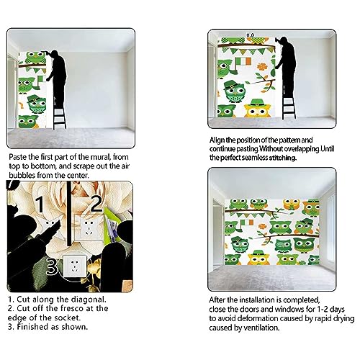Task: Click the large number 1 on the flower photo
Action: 40,204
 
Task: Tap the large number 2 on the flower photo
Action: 96,204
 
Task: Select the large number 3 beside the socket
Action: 52,266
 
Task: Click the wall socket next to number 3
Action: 75,266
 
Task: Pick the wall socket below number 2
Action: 89,228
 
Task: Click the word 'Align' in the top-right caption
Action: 217,140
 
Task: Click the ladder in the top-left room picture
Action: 59,117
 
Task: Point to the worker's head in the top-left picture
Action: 55,54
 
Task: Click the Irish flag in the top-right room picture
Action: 243,61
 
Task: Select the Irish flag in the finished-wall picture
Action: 247,222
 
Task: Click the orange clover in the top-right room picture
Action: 262,67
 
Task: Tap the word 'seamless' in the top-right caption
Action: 255,158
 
